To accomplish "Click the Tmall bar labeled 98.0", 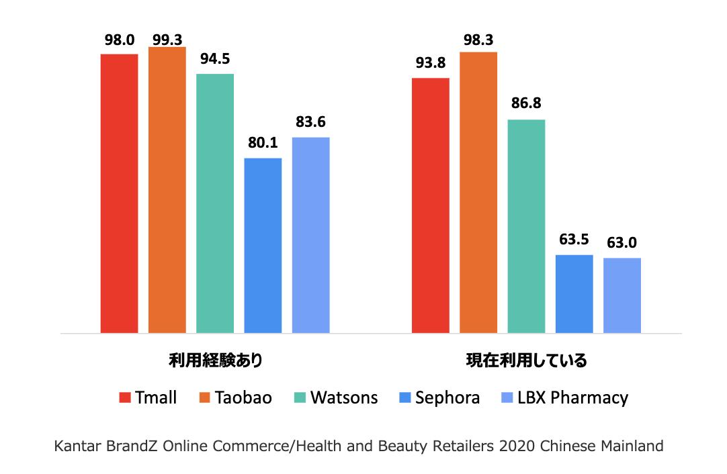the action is [x=119, y=193].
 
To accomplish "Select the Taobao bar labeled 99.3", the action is [x=167, y=190].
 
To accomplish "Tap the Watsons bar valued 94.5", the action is [x=215, y=203].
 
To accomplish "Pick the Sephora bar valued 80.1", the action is [x=263, y=246].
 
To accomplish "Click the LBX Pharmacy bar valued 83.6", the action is [x=310, y=236].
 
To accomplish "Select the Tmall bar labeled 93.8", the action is [x=431, y=205].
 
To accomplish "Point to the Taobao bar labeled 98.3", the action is [x=478, y=193].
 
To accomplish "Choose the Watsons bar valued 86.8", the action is [x=526, y=226].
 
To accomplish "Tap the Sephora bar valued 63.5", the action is [x=574, y=294].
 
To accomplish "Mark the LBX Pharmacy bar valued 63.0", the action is [x=622, y=295].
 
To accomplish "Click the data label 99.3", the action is [x=167, y=40].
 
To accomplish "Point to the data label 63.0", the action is [x=622, y=242].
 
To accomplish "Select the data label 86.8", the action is [x=526, y=103].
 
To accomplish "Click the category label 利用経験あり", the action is [x=216, y=360].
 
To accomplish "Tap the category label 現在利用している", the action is [x=527, y=360].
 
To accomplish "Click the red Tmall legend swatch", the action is [x=125, y=397].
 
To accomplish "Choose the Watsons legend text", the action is [x=344, y=397].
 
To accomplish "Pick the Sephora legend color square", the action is [x=404, y=397].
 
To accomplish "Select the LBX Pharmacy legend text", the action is [x=573, y=397].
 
